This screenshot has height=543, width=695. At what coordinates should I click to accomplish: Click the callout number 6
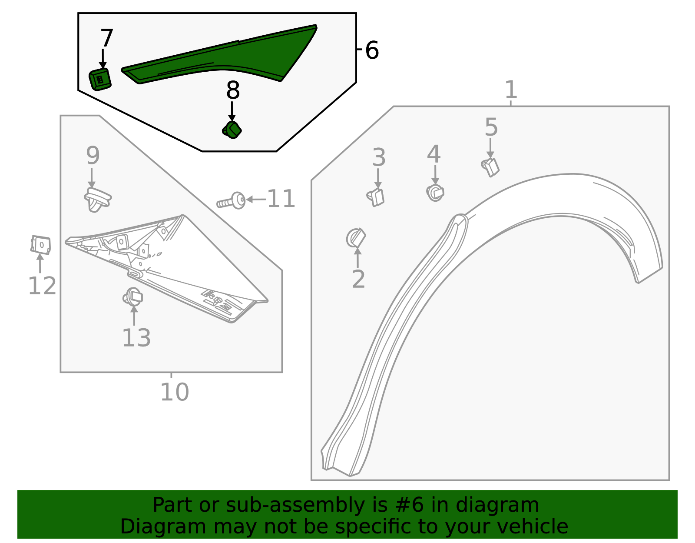point(372,50)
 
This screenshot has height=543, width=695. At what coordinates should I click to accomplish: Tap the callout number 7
point(106,38)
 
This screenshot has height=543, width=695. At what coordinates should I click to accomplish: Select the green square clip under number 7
point(100,79)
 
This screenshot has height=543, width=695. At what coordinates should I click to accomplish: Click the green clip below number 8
point(232,130)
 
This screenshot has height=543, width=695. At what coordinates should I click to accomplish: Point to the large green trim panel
point(226,57)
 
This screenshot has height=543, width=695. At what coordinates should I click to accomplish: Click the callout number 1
point(511,90)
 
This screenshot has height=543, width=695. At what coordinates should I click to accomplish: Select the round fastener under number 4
point(435,192)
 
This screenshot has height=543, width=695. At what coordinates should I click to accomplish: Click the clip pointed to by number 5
point(491,167)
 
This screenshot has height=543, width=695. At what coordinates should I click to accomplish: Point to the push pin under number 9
point(97,200)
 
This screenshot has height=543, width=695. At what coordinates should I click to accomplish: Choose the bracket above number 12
point(41,245)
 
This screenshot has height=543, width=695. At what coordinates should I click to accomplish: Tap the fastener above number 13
point(133,297)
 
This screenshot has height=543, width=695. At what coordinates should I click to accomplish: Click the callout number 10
point(174,392)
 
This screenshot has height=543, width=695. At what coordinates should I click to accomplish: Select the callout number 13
point(136,338)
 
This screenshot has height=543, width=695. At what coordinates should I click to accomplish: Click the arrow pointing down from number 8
point(232,111)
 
